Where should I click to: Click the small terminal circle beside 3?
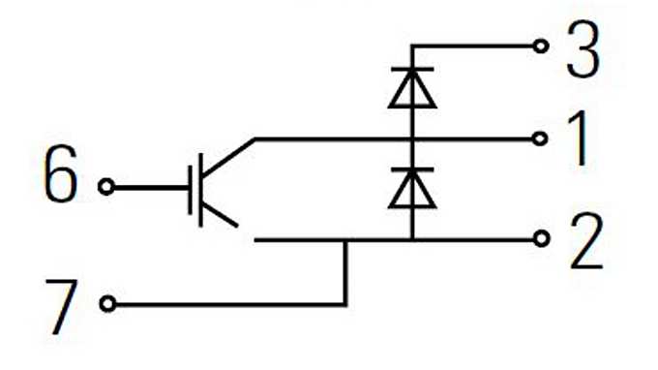pos(541,46)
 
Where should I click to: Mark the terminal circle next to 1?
pos(541,139)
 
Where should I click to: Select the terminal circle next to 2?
pos(541,238)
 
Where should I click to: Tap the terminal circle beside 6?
pos(106,185)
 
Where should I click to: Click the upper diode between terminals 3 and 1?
pos(411,88)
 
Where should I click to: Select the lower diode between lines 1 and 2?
pos(411,188)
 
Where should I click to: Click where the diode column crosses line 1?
pos(411,139)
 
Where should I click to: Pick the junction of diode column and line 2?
pos(411,238)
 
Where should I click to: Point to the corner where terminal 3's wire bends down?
pos(411,46)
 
